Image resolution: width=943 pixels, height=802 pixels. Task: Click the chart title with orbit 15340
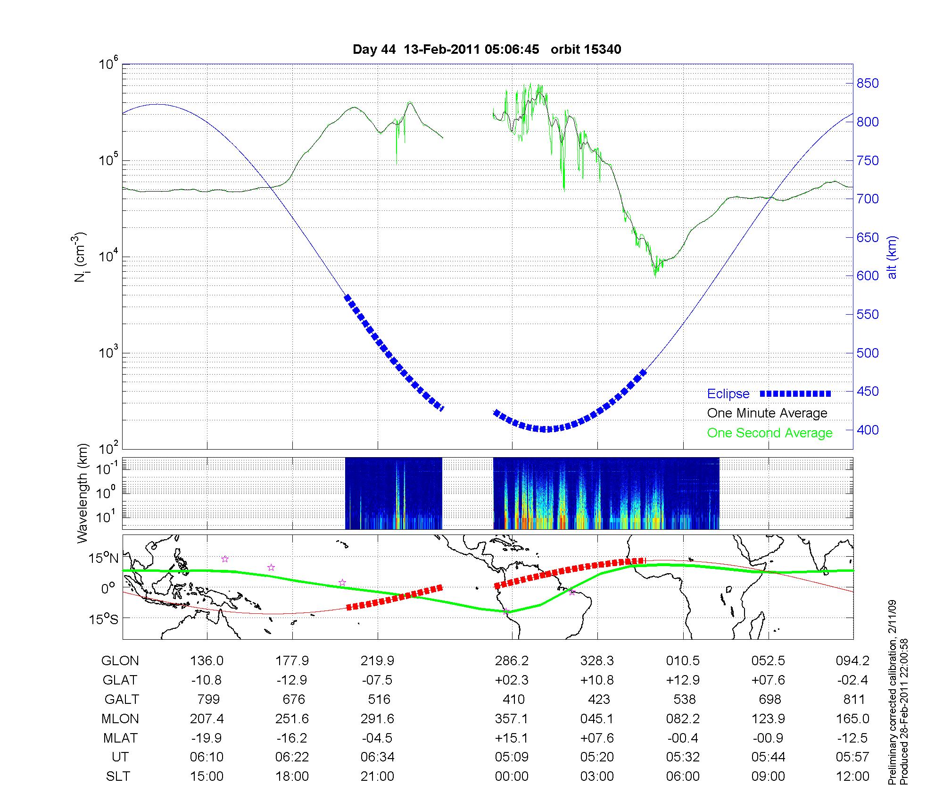tap(487, 50)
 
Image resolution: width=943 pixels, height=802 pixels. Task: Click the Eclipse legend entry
tap(728, 394)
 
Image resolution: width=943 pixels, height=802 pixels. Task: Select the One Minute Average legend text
tap(767, 413)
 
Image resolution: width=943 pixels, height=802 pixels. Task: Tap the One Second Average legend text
tap(769, 433)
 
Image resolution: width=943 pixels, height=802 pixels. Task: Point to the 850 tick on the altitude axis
tap(868, 84)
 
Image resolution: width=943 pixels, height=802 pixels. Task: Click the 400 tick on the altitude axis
tap(868, 430)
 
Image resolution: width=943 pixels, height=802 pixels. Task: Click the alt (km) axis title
tap(892, 257)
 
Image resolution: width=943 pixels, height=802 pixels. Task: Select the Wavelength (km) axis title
tap(82, 493)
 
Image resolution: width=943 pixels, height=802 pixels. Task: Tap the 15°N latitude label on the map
tap(104, 559)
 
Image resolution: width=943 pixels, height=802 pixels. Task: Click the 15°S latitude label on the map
tap(104, 618)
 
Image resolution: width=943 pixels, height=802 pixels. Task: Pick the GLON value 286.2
tap(512, 661)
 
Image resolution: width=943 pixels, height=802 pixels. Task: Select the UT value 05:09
tap(512, 757)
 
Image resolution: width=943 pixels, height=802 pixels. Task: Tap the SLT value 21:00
tap(377, 777)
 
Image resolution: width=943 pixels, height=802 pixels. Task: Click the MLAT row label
tap(120, 738)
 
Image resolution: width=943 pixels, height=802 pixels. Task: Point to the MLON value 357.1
tap(512, 718)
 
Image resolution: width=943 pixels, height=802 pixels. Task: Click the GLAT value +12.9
tap(683, 680)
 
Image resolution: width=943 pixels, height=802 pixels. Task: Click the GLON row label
tap(120, 661)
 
